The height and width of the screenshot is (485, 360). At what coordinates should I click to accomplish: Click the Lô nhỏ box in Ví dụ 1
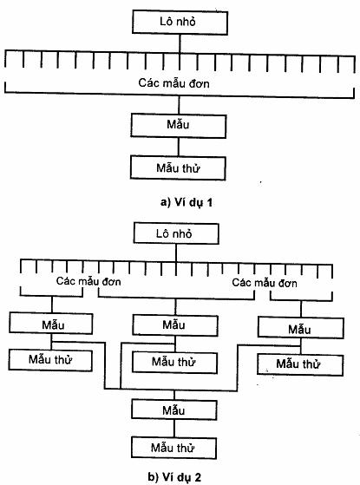coord(180,23)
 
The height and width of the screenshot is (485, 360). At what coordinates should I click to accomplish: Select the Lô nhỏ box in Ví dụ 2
coord(176,233)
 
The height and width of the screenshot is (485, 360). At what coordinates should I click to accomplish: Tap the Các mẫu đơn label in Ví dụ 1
coord(173,83)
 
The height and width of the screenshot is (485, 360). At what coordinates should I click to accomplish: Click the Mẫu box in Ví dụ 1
coord(178,126)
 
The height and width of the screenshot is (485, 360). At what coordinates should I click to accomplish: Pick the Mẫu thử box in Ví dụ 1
coord(178,168)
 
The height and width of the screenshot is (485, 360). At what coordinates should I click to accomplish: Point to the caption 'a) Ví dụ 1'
coord(187,202)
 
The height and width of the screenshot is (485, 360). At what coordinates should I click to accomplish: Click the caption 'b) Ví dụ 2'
coord(174,476)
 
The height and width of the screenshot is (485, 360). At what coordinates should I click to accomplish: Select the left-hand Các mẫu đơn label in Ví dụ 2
coord(88,281)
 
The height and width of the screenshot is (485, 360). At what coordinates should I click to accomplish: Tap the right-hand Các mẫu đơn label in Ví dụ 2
coord(265,283)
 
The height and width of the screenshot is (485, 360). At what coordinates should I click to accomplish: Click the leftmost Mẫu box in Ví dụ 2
coord(51,324)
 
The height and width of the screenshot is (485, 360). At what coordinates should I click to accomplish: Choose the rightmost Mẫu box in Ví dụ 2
coord(301,328)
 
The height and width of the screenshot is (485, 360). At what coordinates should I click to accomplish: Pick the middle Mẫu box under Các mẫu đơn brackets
coord(175,325)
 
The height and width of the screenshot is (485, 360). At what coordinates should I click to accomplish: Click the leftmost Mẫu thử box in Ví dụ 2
coord(50,360)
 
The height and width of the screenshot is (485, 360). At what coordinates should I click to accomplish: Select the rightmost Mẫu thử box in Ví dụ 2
coord(300,364)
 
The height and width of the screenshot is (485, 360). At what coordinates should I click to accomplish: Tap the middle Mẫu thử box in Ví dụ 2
coord(174,362)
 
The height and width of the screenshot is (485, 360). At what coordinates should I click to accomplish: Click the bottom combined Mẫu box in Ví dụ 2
coord(174,410)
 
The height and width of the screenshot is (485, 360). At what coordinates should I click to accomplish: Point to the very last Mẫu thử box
coord(173,448)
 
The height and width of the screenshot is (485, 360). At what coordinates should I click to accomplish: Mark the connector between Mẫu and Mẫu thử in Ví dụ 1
coord(179,147)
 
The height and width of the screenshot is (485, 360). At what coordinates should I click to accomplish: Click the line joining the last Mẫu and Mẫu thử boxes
coord(174,429)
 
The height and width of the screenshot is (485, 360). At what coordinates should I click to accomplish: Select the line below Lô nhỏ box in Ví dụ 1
coord(180,43)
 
